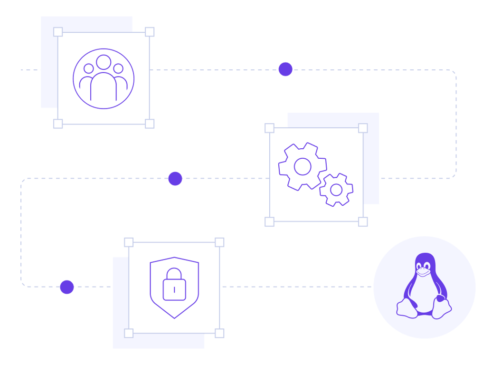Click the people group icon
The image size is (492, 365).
(x=104, y=78)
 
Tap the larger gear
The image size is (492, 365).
(x=303, y=166)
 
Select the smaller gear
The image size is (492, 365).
(x=336, y=190)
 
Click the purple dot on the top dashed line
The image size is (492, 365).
(x=285, y=69)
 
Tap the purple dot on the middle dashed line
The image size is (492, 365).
(x=175, y=179)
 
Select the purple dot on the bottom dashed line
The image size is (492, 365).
(x=67, y=287)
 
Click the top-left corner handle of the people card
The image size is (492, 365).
(x=58, y=32)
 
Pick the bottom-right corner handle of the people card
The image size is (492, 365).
(x=150, y=124)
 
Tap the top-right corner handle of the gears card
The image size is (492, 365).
(x=363, y=128)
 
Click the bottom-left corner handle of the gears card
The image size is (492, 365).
(x=269, y=221)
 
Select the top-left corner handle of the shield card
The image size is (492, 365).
(x=129, y=242)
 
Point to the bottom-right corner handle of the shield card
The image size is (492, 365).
(x=219, y=333)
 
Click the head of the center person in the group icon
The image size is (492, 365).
(x=104, y=62)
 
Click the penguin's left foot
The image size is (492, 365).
(x=407, y=308)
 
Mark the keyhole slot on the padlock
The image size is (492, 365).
(x=174, y=289)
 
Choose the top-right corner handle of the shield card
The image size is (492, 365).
(x=219, y=242)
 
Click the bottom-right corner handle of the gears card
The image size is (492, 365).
(x=363, y=221)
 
